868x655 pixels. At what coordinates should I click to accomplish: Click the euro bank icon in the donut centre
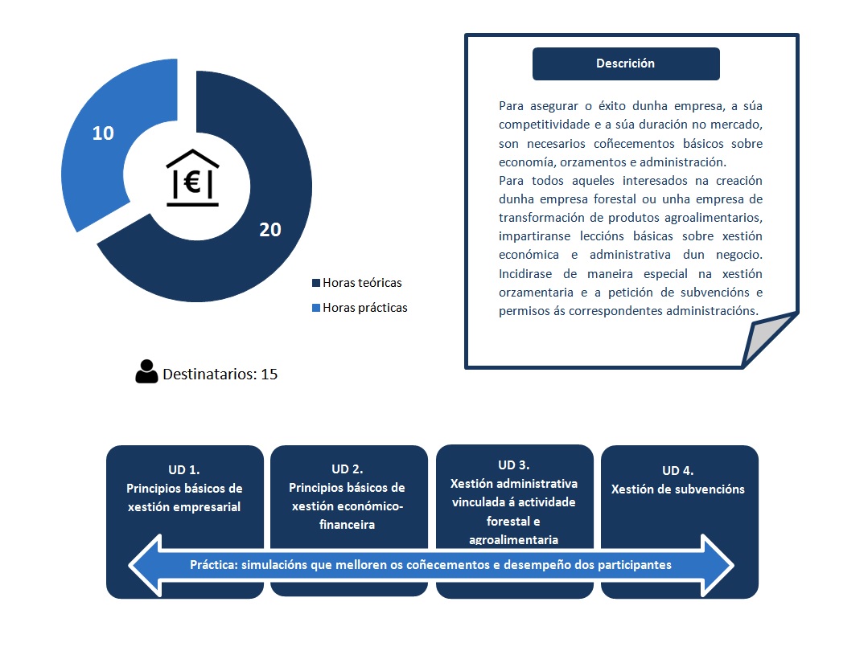pyautogui.click(x=192, y=178)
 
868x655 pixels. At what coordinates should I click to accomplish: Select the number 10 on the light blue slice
pyautogui.click(x=103, y=133)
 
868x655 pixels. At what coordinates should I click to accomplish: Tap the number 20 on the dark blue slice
pyautogui.click(x=270, y=229)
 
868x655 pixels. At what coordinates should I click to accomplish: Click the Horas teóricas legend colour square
pyautogui.click(x=316, y=283)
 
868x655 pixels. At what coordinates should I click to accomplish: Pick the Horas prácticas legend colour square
pyautogui.click(x=316, y=308)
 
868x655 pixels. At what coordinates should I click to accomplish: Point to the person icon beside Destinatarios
pyautogui.click(x=146, y=371)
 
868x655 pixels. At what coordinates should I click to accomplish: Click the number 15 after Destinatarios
pyautogui.click(x=269, y=374)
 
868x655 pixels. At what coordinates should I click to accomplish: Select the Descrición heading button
pyautogui.click(x=626, y=63)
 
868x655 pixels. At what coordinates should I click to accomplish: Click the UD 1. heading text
pyautogui.click(x=184, y=470)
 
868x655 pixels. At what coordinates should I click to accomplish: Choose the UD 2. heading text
pyautogui.click(x=348, y=469)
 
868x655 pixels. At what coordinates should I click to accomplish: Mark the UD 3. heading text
pyautogui.click(x=514, y=465)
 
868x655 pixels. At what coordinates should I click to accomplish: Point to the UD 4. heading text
pyautogui.click(x=678, y=471)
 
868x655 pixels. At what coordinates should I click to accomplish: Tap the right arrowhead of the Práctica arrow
pyautogui.click(x=718, y=565)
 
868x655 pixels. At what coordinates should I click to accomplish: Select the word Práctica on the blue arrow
pyautogui.click(x=212, y=565)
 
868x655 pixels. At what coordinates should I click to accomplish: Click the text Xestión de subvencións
pyautogui.click(x=678, y=489)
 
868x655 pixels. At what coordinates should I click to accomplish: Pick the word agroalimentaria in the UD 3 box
pyautogui.click(x=514, y=539)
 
